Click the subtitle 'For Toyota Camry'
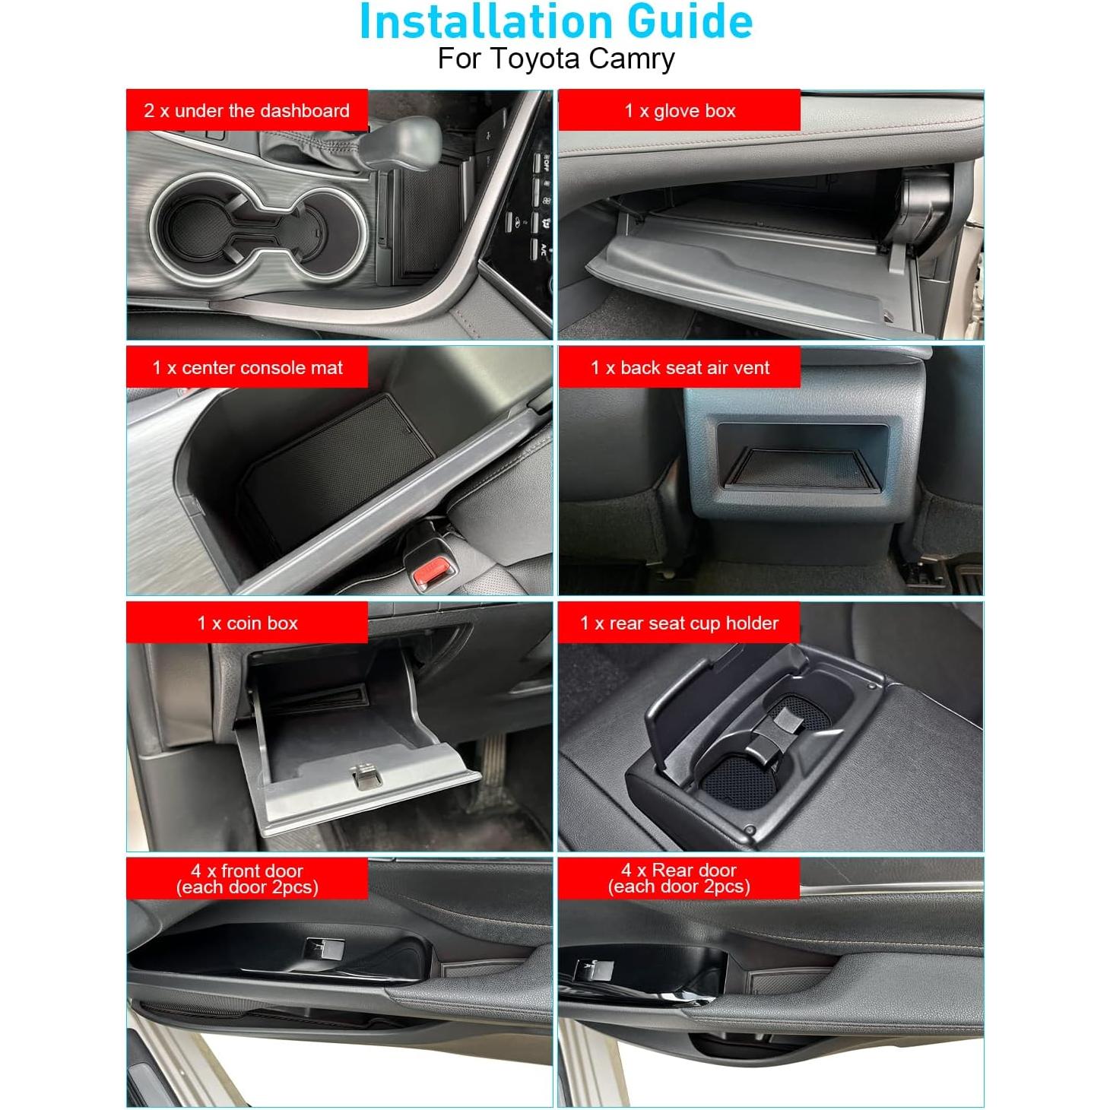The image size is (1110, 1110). click(556, 59)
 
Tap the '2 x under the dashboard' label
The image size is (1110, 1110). click(246, 111)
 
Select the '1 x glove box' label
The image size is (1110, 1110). click(680, 111)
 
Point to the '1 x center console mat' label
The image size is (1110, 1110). click(247, 368)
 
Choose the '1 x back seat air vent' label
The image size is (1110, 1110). click(680, 368)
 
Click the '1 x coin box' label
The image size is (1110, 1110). click(247, 623)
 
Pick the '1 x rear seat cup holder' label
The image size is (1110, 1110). click(679, 623)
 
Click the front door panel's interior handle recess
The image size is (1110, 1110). click(323, 950)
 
